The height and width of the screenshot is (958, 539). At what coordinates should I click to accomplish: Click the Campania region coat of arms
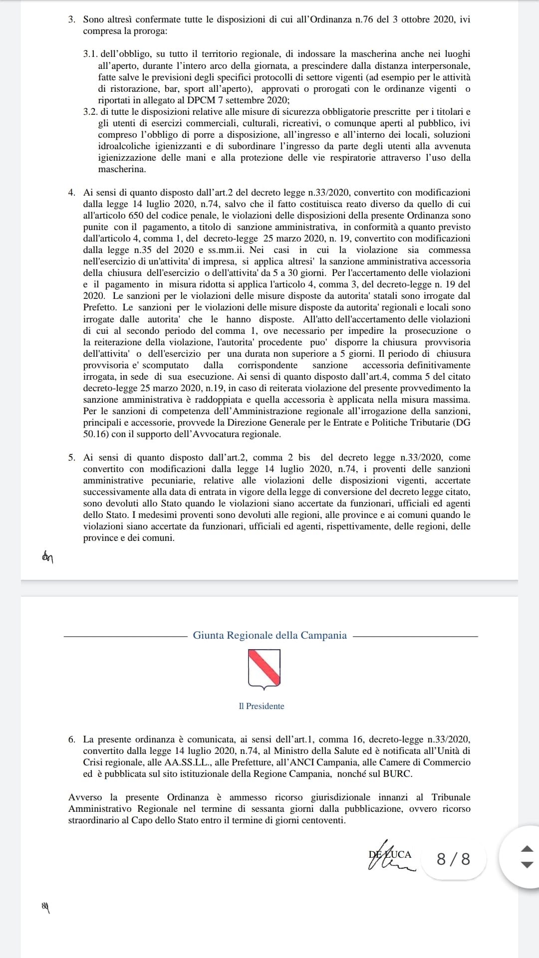pos(264,669)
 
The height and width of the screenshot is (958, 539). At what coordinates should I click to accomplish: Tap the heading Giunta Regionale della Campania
pos(269,635)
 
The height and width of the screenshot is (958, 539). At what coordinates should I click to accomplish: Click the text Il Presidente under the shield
pos(262,706)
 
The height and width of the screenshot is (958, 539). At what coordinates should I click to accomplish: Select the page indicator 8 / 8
pos(453,859)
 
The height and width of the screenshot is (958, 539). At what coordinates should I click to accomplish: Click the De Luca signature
pos(391,858)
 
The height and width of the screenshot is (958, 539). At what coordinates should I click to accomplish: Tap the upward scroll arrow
pos(527,848)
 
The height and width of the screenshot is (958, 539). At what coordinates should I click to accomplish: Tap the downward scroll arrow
pos(527,865)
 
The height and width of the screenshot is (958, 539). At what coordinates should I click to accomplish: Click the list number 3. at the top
pos(72,20)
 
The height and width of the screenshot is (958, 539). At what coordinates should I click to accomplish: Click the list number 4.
pos(72,193)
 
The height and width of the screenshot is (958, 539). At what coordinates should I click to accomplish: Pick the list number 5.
pos(72,458)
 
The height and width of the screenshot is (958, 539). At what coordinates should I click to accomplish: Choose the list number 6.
pos(72,739)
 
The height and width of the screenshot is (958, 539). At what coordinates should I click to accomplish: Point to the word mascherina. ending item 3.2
pos(122,169)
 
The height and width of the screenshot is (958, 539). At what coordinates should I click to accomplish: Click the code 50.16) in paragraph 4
pos(96,434)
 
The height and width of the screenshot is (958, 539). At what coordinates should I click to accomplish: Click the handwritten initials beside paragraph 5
pos(48,557)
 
